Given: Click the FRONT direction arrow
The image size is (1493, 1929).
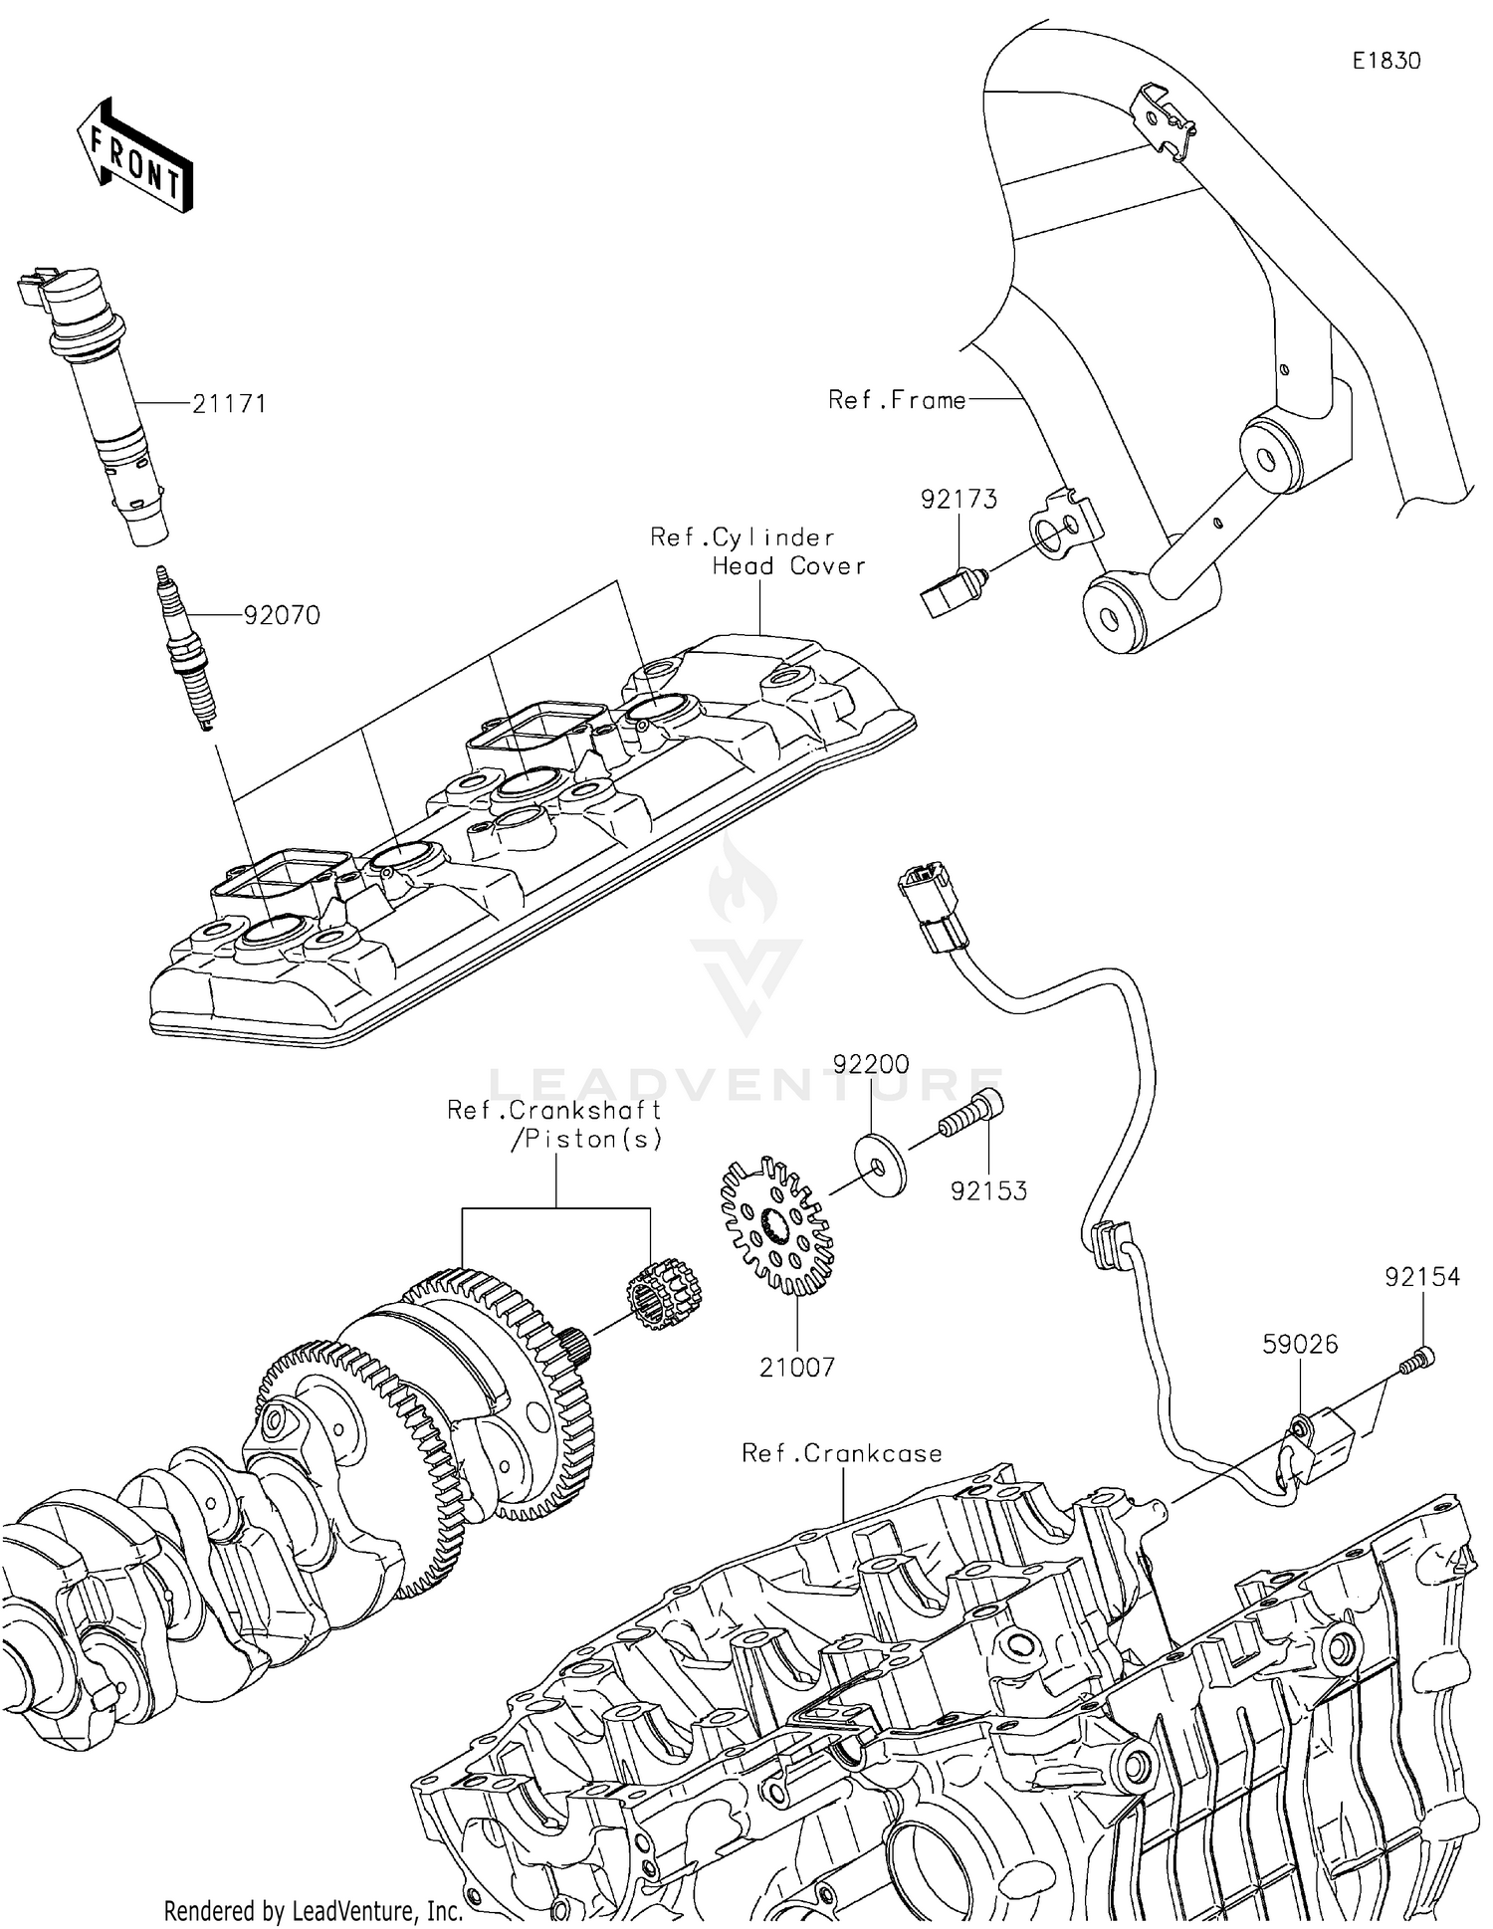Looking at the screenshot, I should (x=134, y=156).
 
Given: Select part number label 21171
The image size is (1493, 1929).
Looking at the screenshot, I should (x=229, y=404).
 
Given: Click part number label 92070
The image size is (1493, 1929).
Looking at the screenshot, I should (x=282, y=616).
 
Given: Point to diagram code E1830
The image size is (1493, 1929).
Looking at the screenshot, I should (x=1386, y=61).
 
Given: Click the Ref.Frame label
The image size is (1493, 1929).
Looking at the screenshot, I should (x=897, y=400).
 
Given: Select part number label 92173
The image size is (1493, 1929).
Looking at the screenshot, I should (x=959, y=499).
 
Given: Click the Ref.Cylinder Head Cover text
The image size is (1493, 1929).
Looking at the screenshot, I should (x=758, y=551).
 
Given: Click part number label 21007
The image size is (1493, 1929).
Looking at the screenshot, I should (x=796, y=1368).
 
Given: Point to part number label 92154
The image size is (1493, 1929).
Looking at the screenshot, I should (x=1422, y=1277).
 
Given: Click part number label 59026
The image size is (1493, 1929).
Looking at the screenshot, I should (x=1300, y=1344).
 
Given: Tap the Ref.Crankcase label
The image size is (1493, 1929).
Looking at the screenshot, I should (x=842, y=1453).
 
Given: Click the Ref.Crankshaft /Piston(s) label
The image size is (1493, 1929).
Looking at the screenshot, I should (x=555, y=1124).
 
